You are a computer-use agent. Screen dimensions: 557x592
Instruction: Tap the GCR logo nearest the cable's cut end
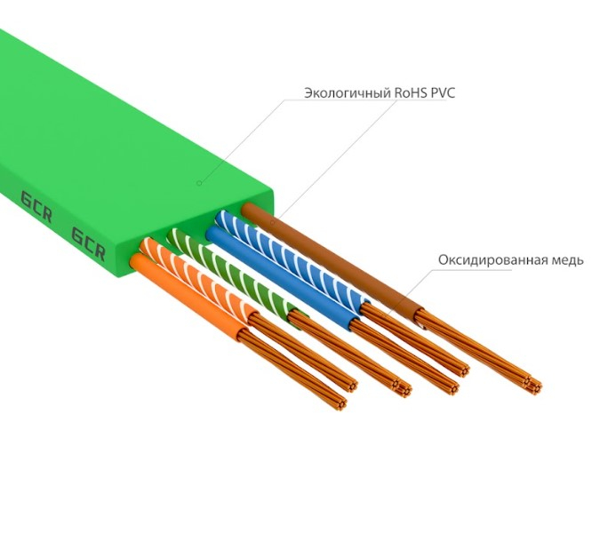click(x=87, y=243)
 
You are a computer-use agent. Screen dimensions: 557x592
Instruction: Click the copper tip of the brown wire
click(x=532, y=384)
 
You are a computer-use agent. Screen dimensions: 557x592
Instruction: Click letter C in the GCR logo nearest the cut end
click(x=88, y=243)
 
